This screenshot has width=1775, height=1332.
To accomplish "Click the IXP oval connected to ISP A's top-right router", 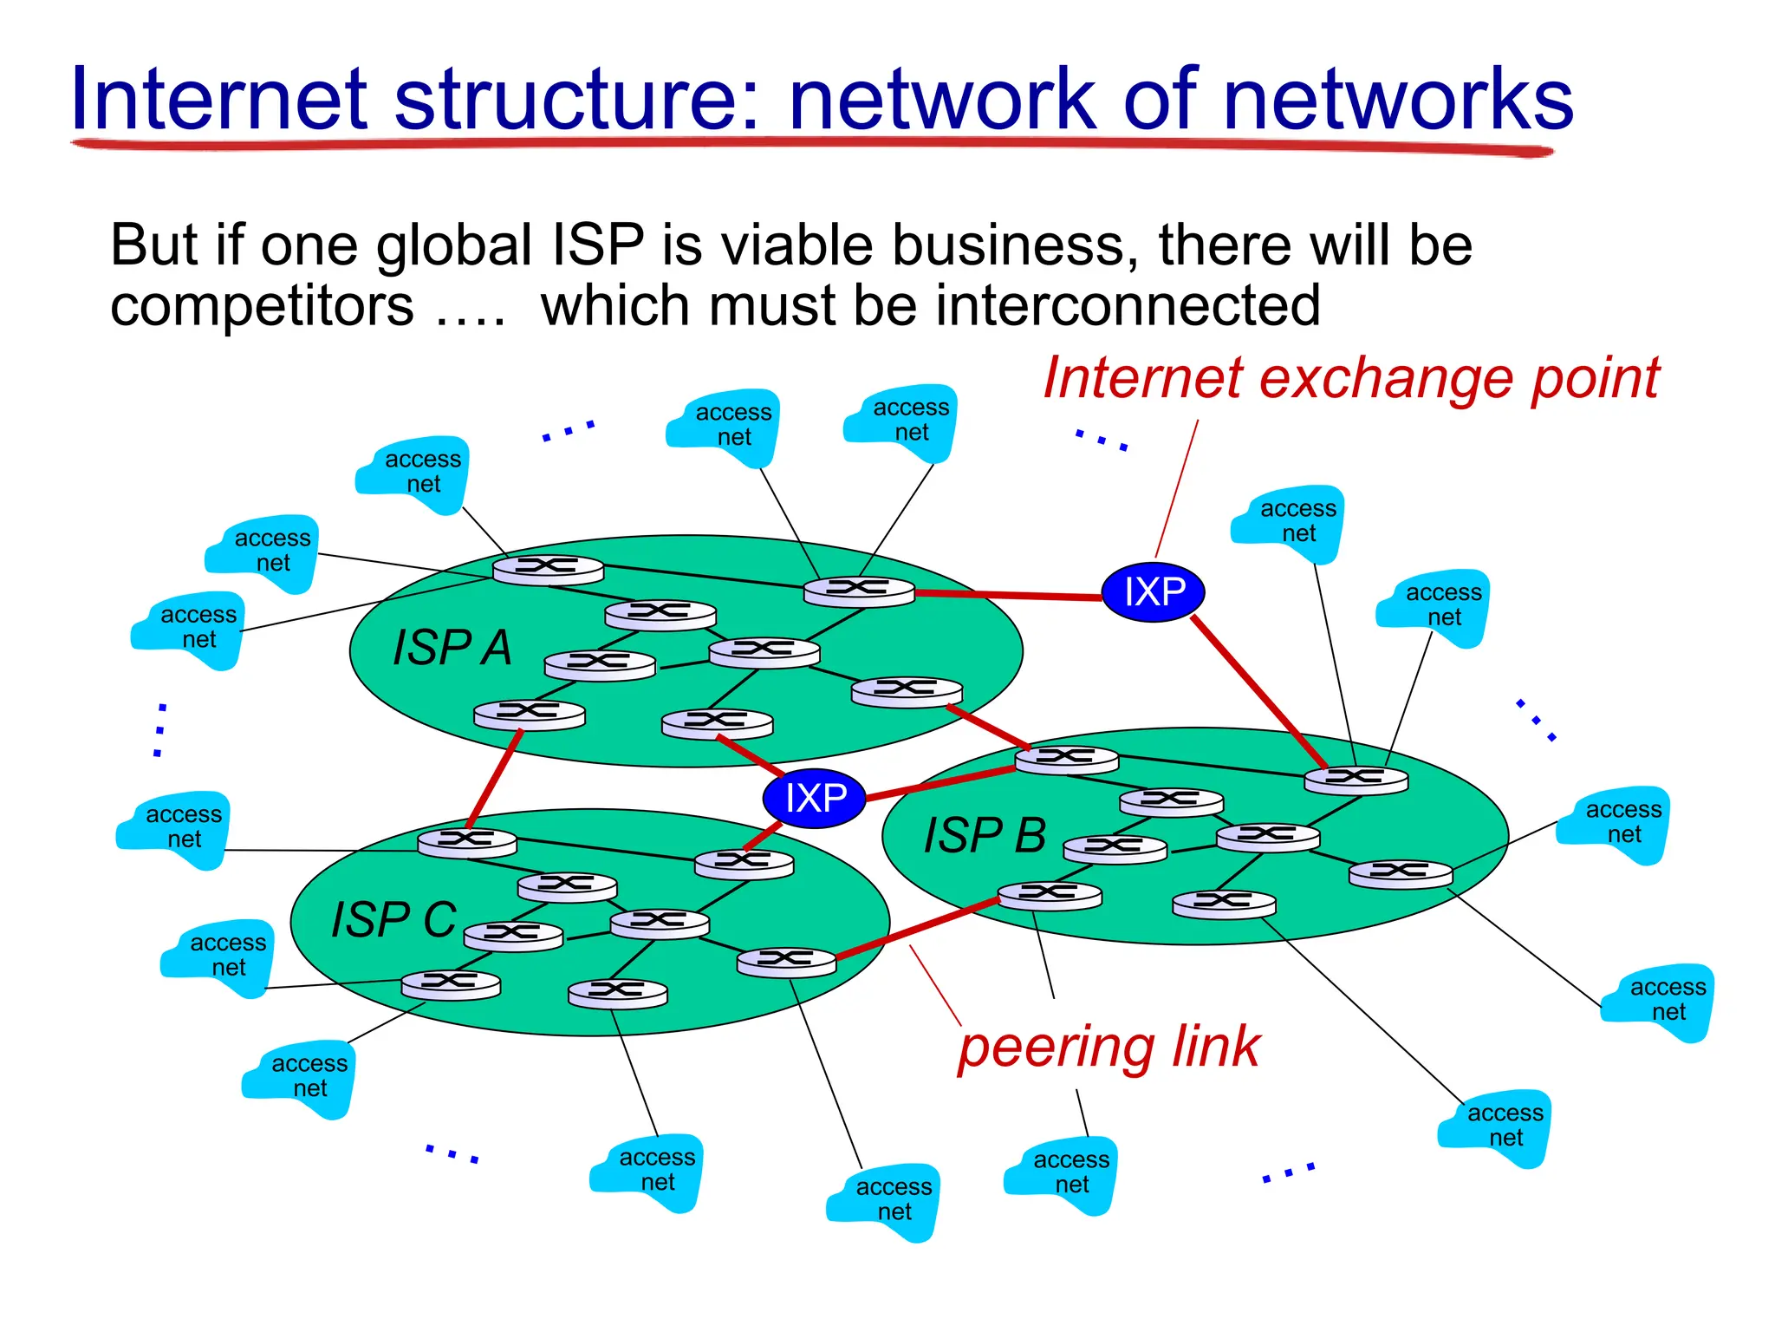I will (1154, 592).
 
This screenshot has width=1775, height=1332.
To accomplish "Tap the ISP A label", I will (452, 648).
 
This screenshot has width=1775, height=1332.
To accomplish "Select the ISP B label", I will (985, 836).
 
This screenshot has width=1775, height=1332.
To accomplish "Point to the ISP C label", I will (393, 920).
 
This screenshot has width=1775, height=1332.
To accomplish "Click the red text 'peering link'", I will (1109, 1048).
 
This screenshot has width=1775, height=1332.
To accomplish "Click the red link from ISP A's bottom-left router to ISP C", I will (495, 780).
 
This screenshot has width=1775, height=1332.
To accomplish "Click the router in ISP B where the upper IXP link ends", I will (1356, 780).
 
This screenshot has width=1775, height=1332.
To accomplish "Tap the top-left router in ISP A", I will (548, 569).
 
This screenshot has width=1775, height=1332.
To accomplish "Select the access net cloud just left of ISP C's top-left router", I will (173, 828).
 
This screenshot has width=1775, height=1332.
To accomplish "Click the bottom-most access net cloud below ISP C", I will (883, 1200).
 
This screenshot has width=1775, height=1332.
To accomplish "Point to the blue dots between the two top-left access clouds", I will (569, 431).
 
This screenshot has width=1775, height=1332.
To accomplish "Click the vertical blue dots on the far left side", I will (160, 730).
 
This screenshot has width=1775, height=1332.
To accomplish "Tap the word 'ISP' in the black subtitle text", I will (598, 245).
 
